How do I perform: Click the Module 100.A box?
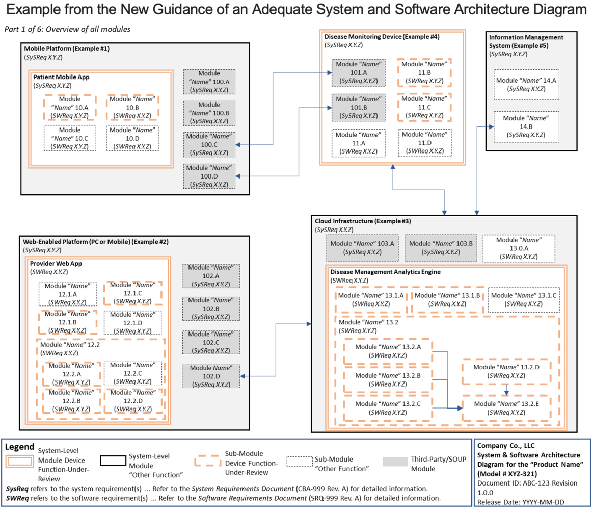point(209,82)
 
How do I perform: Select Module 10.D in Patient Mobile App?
point(132,138)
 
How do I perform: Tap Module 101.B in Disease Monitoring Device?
point(359,108)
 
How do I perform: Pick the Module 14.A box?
point(526,85)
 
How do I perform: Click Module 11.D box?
point(424,143)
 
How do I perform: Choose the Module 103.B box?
point(441,248)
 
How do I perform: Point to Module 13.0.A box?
point(519,248)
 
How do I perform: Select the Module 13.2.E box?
point(506,408)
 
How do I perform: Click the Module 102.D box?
point(211,376)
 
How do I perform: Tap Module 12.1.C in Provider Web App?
point(133,293)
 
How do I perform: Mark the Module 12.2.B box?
point(71,400)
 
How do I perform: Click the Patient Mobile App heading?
point(61,77)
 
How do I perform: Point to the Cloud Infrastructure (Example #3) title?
point(363,221)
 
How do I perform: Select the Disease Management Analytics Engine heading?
point(385,272)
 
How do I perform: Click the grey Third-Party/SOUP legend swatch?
point(395,462)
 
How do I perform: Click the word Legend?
point(20,447)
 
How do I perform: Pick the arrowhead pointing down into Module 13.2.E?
point(506,393)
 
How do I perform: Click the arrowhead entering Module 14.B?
point(491,127)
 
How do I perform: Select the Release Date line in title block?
point(521,502)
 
